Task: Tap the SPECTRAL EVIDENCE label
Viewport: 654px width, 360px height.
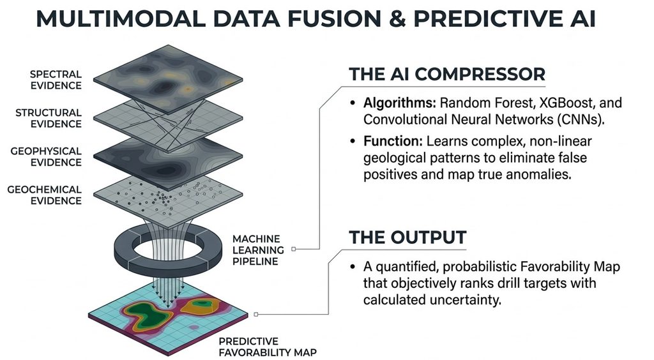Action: coord(56,80)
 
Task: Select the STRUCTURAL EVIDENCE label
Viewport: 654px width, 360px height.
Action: coord(49,118)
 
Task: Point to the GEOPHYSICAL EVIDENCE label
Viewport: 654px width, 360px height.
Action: coord(46,156)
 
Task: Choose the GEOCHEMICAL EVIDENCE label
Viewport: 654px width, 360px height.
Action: coord(44,195)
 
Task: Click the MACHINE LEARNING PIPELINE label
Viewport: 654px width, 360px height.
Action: coord(258,250)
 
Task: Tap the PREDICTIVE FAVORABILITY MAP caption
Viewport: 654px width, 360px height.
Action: coord(268,347)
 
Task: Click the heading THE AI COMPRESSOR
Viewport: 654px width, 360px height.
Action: coord(447,74)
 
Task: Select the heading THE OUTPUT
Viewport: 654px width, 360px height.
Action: coord(407,237)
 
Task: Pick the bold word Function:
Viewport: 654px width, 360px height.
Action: coord(393,141)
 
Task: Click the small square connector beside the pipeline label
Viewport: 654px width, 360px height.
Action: coord(294,249)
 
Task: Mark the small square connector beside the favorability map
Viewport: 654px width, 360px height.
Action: coord(255,314)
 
